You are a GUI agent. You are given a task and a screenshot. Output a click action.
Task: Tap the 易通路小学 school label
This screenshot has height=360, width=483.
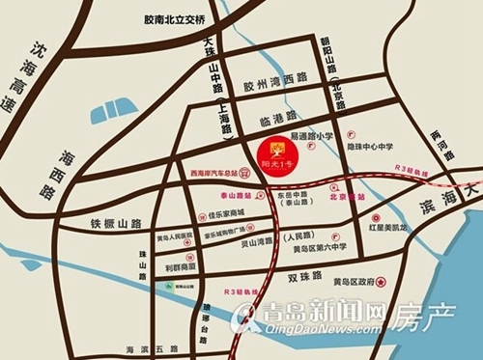(311, 137)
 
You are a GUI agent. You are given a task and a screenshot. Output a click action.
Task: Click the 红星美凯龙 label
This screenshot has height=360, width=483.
(401, 229)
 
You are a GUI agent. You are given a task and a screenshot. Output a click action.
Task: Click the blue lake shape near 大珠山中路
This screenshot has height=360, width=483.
(114, 113)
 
